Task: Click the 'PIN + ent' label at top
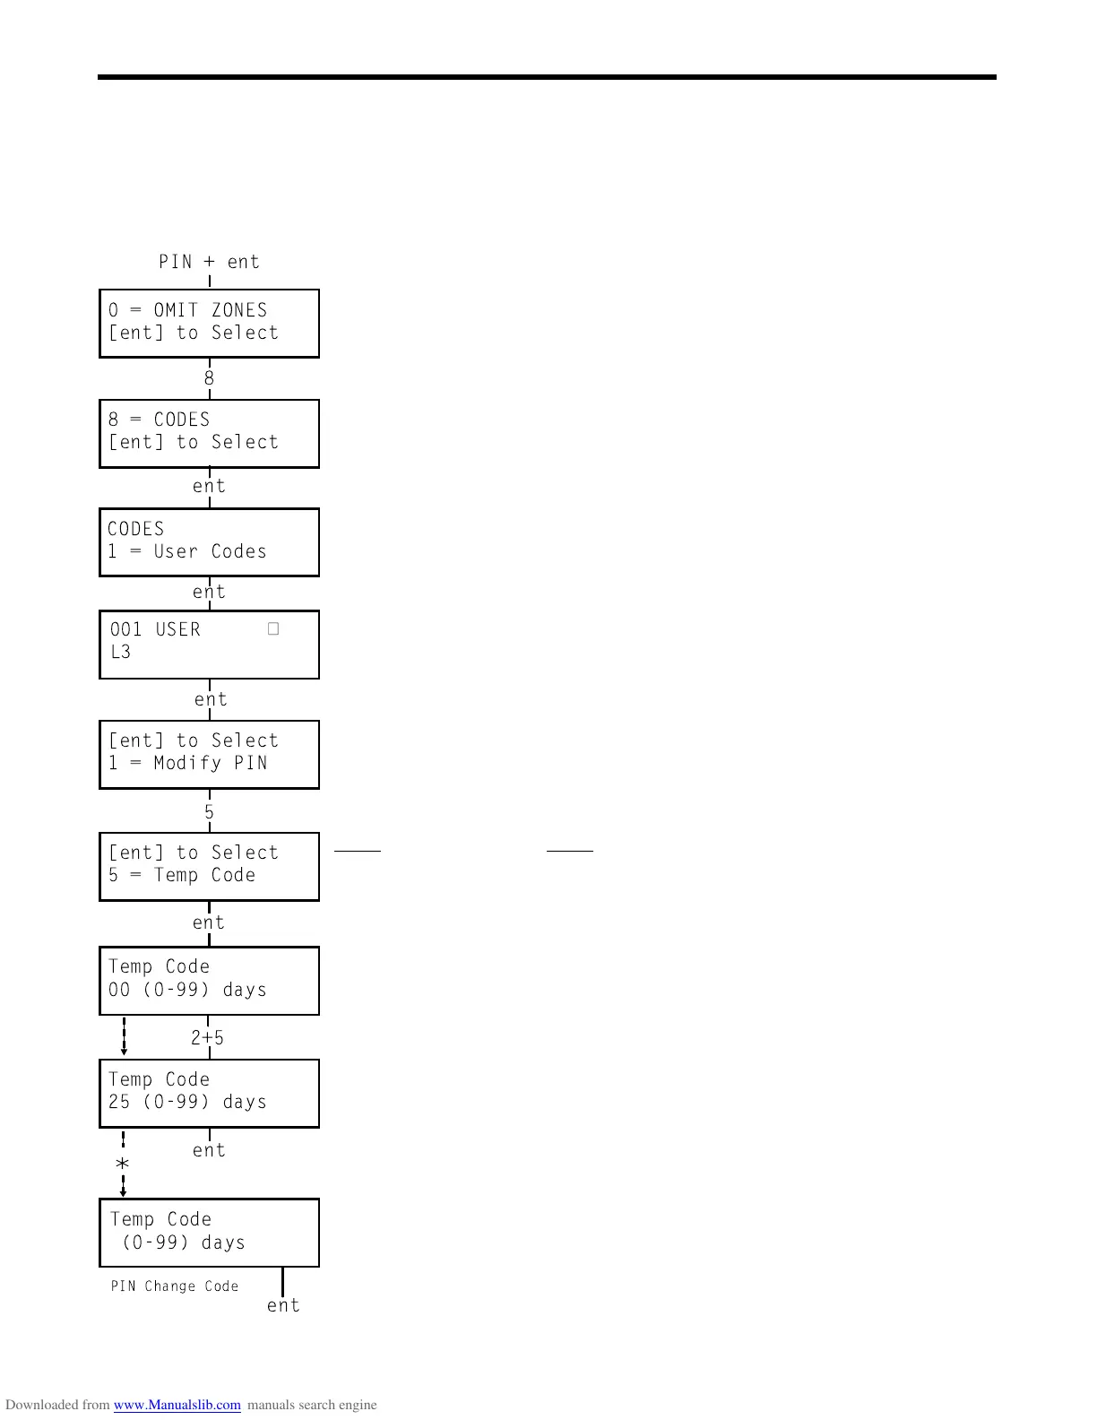pos(209,262)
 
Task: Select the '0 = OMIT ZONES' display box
pos(209,323)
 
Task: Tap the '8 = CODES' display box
pos(209,433)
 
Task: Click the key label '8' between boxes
pos(209,378)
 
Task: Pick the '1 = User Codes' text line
pos(187,552)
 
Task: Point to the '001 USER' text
pos(155,630)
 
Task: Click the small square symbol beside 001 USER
pos(273,629)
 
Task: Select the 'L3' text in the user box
pos(121,653)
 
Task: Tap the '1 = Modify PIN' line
pos(188,764)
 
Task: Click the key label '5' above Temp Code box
pos(209,812)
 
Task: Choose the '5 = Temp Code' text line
pos(182,876)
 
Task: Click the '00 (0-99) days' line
pos(188,991)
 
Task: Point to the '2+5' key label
pos(208,1038)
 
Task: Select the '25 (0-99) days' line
pos(188,1103)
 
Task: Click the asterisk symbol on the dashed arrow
pos(123,1164)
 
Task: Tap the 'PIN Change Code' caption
pos(175,1286)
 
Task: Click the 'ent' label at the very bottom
pos(283,1306)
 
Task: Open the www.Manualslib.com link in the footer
pos(177,1405)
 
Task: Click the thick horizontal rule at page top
pos(547,77)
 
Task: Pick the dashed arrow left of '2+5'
pos(124,1036)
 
